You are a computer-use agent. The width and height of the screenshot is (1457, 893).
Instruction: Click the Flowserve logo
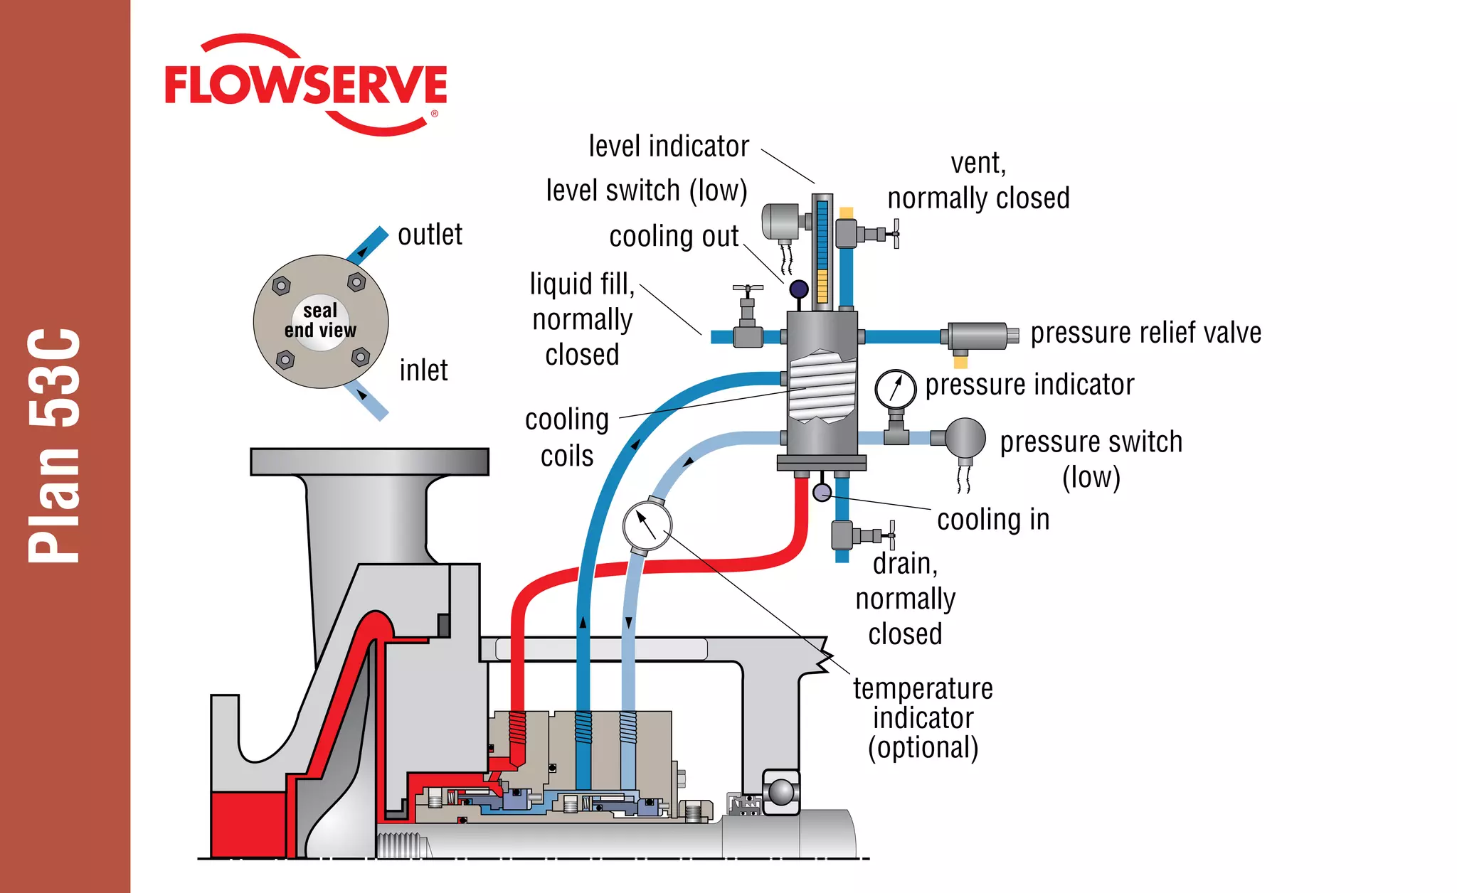click(x=306, y=85)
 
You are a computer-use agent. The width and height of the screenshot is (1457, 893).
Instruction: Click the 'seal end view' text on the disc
click(x=320, y=321)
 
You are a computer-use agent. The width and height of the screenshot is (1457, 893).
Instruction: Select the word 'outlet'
click(x=430, y=235)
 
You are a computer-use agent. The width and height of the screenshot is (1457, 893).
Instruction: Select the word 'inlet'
click(x=423, y=370)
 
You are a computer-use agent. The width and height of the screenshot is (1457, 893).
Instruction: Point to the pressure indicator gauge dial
click(x=896, y=389)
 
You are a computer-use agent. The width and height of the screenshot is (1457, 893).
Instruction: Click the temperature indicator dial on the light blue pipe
click(x=647, y=525)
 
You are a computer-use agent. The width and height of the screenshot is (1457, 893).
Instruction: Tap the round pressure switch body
click(x=964, y=438)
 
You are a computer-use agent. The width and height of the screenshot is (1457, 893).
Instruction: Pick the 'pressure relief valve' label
click(x=1145, y=333)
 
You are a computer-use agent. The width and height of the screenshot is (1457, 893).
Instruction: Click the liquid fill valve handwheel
click(x=748, y=289)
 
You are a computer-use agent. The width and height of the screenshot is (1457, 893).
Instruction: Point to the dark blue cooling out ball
click(x=799, y=289)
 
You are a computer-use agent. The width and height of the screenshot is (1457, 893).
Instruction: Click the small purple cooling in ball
click(x=822, y=492)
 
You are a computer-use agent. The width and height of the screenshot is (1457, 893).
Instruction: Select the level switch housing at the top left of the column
click(x=782, y=221)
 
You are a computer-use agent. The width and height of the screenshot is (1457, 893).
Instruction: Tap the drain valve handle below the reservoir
click(x=891, y=535)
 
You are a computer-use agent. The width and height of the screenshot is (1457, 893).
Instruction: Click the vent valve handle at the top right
click(x=896, y=233)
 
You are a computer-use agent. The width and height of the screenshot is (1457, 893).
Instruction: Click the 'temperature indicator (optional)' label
click(x=923, y=718)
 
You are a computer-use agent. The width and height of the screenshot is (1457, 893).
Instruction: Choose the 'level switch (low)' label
click(x=646, y=191)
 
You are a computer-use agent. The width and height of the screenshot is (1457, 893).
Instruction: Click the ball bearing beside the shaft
click(x=781, y=792)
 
